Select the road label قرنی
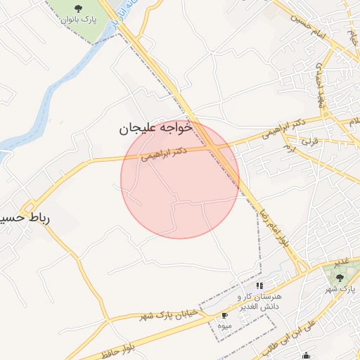point(310,141)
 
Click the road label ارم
point(287,148)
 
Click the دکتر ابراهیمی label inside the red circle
point(164,154)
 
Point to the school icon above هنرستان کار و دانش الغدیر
point(259,286)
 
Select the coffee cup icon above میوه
point(224,316)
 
